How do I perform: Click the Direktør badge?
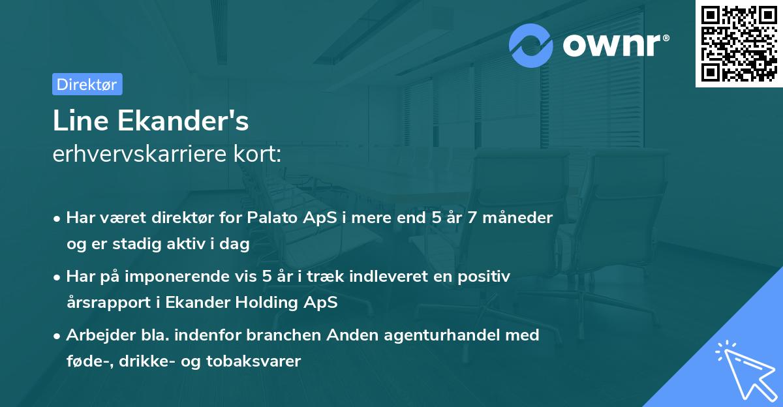87,84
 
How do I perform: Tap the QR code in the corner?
739,43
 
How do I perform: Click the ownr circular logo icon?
531,46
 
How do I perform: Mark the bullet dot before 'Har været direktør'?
58,219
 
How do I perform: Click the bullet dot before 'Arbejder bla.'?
58,336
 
